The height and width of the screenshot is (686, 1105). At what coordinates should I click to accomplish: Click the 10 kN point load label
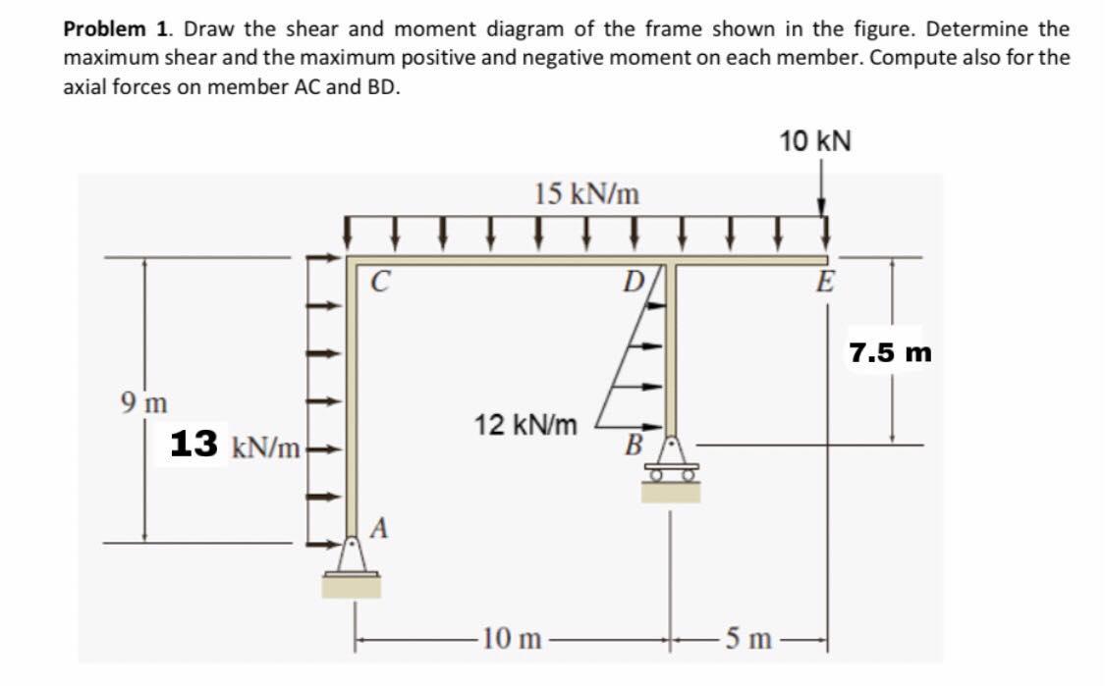[815, 141]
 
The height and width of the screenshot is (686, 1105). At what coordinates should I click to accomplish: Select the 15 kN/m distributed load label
[586, 194]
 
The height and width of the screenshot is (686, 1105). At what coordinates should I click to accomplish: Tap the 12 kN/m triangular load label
[525, 426]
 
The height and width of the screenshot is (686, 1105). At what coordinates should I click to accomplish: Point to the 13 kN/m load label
[235, 445]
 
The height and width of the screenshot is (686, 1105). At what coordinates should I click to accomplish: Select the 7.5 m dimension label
[890, 352]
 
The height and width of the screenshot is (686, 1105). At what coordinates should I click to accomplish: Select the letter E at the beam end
[826, 285]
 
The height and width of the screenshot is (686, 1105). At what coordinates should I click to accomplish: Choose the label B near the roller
[634, 445]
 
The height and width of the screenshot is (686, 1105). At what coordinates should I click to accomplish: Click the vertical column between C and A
[352, 402]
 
